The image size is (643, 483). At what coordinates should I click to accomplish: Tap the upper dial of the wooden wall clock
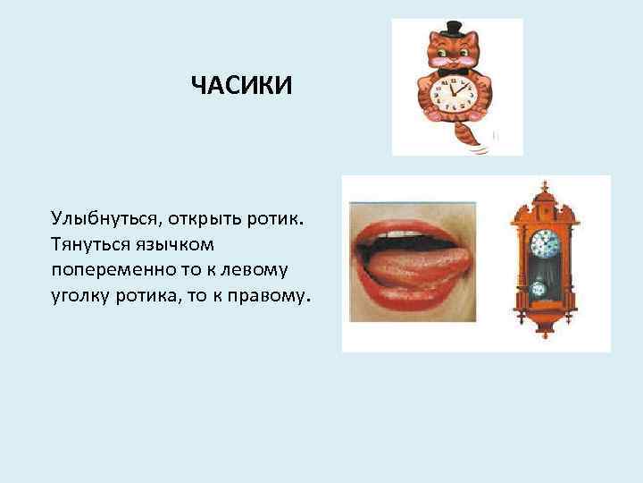[544, 242]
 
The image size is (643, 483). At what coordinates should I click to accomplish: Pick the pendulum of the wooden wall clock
[540, 289]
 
